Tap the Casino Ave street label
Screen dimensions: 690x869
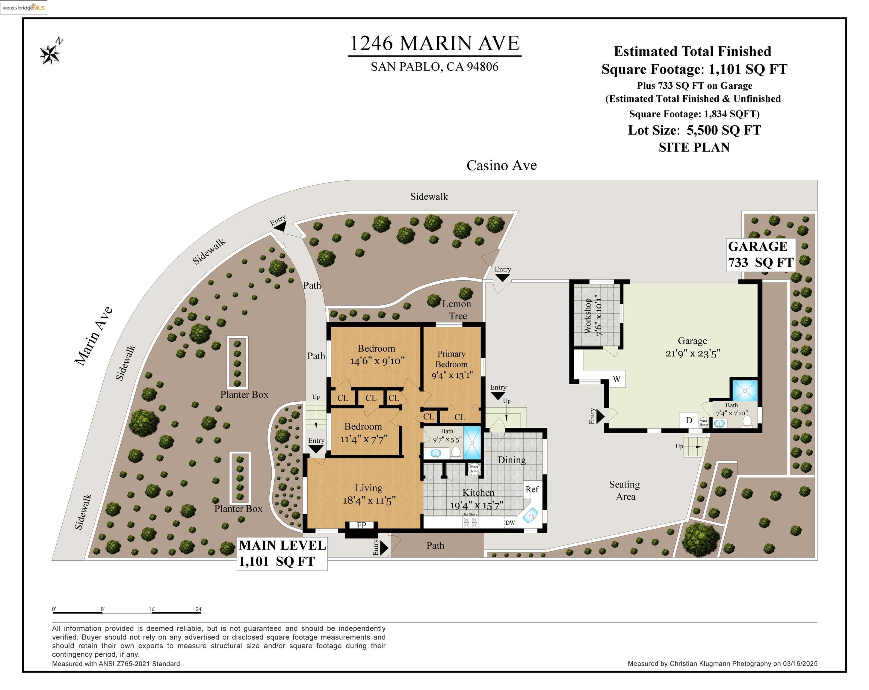[501, 165]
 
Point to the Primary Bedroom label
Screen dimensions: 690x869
[451, 359]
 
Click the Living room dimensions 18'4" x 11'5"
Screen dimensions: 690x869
[369, 500]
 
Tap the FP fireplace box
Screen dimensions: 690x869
[361, 525]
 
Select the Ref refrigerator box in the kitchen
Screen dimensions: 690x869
[532, 489]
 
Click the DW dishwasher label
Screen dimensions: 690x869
[510, 522]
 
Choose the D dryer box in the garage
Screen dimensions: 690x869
[688, 420]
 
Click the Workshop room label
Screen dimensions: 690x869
[593, 316]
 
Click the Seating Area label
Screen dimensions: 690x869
[625, 490]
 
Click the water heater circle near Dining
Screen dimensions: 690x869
[474, 469]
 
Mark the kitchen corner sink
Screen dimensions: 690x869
[530, 515]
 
